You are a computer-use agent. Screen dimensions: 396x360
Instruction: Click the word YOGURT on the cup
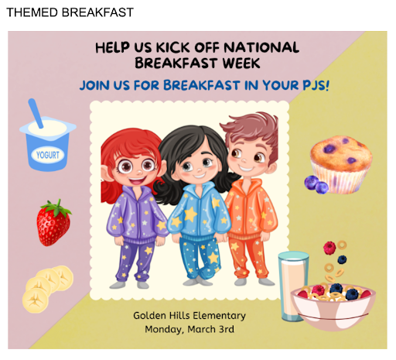coord(48,155)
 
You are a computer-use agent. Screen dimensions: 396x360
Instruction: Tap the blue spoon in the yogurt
coord(36,113)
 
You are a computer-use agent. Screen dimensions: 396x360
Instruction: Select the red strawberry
coord(53,223)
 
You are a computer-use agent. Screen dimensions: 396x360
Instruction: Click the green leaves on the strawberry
coord(56,207)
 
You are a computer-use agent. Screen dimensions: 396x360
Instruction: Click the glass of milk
coord(292,286)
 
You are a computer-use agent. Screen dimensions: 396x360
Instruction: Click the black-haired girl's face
coord(198,164)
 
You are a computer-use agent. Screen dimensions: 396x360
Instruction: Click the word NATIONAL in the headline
coord(261,48)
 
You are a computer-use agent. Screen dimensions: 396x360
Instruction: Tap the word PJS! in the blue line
coord(316,85)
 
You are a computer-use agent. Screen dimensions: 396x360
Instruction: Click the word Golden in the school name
coord(149,316)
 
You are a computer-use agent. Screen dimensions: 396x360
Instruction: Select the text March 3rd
coord(211,330)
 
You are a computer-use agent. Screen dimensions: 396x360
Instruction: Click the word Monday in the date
coord(164,330)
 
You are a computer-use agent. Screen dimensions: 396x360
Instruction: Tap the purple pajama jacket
coord(138,214)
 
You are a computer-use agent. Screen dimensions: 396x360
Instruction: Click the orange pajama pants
coord(248,258)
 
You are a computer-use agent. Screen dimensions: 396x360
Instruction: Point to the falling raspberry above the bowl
coord(329,248)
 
